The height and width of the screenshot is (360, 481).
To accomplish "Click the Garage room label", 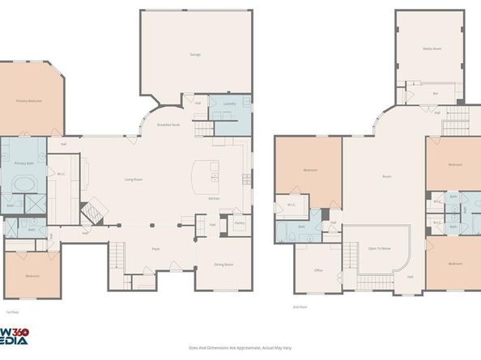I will (x=195, y=54).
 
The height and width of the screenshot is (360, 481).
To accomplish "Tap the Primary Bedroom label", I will (x=28, y=101).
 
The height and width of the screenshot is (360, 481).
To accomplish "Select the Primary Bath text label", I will (x=23, y=163).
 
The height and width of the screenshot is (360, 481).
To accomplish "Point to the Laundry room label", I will (x=229, y=104).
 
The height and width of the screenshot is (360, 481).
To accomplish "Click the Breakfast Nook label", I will (x=168, y=125).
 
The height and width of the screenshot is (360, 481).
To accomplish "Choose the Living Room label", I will (x=134, y=180).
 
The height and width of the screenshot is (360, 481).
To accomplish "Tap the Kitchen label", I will (x=214, y=198).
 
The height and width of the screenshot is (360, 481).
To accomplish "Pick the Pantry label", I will (x=240, y=223).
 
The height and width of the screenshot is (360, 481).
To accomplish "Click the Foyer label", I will (x=155, y=248).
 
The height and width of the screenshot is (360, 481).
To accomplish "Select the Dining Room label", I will (x=223, y=265).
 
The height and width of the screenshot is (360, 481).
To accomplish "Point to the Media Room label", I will (x=432, y=49).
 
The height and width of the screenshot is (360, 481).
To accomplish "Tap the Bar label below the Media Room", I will (x=435, y=94).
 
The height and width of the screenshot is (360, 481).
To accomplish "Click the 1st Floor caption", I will (x=12, y=311).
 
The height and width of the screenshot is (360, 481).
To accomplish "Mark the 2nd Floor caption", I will (x=300, y=307).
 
